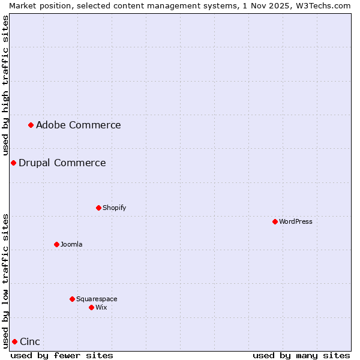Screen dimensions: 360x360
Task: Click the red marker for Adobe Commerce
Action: (x=31, y=125)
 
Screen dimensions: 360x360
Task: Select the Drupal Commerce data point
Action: (x=13, y=163)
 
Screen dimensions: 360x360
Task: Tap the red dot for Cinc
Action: (x=14, y=341)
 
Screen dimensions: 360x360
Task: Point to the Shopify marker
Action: (x=98, y=208)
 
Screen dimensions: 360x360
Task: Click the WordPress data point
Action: (x=275, y=221)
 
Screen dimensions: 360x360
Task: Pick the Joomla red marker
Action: (x=56, y=244)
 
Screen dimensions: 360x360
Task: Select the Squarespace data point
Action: (x=72, y=299)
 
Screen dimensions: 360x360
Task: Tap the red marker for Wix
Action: (x=91, y=307)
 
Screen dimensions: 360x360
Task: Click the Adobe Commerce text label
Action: (x=78, y=125)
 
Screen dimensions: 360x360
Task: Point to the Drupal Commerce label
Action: (x=62, y=163)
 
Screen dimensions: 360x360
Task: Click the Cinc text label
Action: (x=30, y=341)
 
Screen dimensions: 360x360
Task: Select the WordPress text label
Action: (x=296, y=221)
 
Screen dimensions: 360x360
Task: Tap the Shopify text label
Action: (x=114, y=208)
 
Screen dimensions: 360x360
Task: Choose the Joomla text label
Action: (x=71, y=244)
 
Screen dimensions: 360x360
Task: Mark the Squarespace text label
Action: (x=97, y=299)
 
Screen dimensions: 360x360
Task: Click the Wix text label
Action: (x=101, y=307)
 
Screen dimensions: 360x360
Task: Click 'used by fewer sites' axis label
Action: (x=62, y=355)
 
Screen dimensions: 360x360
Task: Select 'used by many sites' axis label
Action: (x=301, y=355)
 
